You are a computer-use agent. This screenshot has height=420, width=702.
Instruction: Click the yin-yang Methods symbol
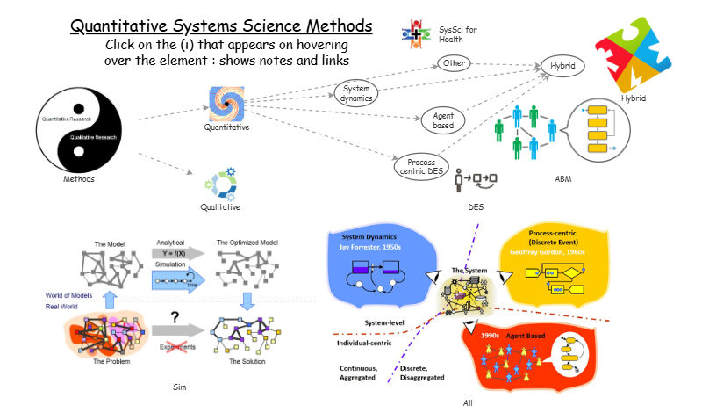tap(78, 129)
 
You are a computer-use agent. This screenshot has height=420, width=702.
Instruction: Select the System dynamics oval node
tap(356, 93)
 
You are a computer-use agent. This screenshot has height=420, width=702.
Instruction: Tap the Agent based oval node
tap(442, 119)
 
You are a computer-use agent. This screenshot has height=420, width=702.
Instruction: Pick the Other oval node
tap(455, 63)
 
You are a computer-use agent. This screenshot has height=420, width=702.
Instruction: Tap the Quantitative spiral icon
tap(226, 104)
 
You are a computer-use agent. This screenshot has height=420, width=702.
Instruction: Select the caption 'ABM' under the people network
tap(562, 178)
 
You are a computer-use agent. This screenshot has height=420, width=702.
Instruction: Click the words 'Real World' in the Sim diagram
tap(63, 307)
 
